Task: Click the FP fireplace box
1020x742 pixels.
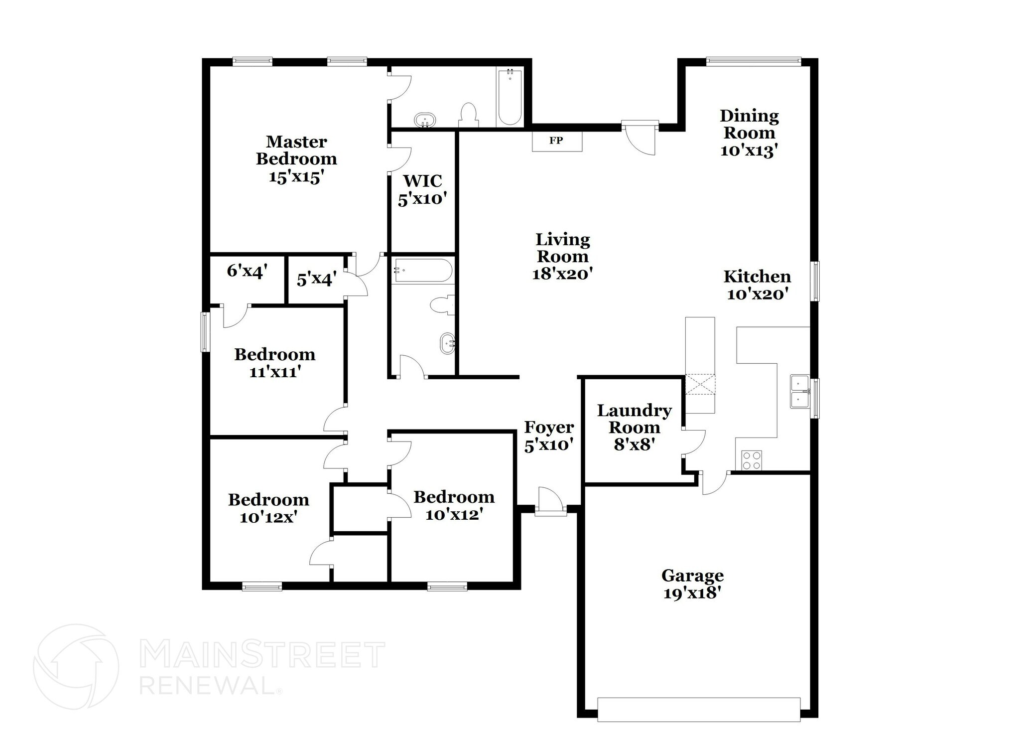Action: [557, 141]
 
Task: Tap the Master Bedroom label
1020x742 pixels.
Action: [296, 159]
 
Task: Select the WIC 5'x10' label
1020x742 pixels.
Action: [422, 189]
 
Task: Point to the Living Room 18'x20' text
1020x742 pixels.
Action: [562, 256]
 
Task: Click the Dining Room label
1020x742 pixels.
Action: [749, 133]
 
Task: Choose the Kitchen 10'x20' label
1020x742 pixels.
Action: [757, 285]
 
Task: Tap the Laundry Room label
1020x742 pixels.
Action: [634, 427]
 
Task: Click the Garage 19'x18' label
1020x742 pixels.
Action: [692, 584]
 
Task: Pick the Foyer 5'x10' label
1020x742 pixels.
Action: [549, 436]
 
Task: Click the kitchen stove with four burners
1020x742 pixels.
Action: [752, 460]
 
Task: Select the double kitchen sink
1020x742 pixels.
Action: [799, 392]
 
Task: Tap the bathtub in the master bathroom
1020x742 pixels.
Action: [510, 98]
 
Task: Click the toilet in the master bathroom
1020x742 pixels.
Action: [468, 115]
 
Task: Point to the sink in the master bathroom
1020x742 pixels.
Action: [425, 120]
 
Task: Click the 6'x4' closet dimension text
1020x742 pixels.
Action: [248, 271]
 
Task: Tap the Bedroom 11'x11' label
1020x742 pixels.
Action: [275, 363]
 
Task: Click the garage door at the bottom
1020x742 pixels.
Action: [698, 710]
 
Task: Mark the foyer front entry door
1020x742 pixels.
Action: [550, 502]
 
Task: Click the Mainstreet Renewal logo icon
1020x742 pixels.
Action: [76, 667]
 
